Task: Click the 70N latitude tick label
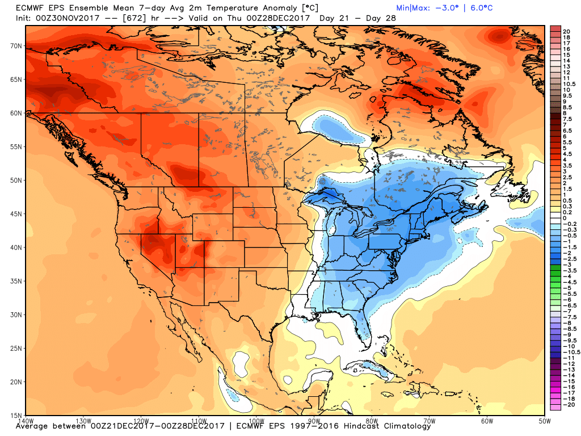pos(15,45)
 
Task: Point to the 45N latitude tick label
pos(15,213)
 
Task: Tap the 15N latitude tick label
pos(15,415)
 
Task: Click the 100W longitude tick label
pos(256,421)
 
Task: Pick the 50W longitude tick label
pos(545,421)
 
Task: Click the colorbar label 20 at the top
pos(566,31)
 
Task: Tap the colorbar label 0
pos(564,218)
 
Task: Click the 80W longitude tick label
pos(372,421)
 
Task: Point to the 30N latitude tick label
pos(15,315)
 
